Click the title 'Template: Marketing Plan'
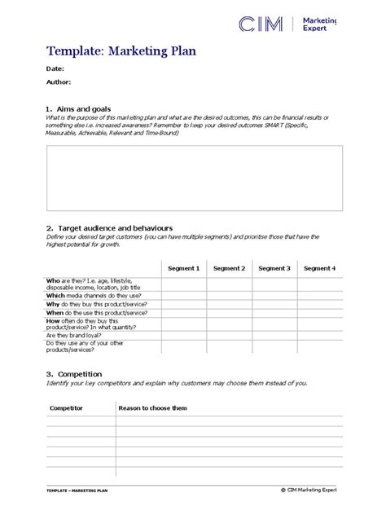coord(121,51)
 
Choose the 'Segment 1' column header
coord(183,268)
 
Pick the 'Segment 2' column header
coord(229,268)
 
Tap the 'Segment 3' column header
coord(274,268)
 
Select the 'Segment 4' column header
coord(320,268)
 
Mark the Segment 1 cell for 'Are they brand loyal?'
coord(183,335)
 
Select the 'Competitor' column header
coord(66,408)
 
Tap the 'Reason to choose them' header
coord(152,408)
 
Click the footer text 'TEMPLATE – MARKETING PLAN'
coord(78,491)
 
